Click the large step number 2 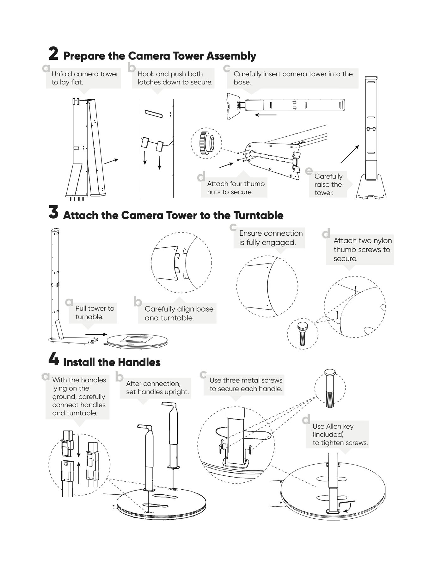(53, 54)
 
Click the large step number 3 (53, 213)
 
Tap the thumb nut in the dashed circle (206, 143)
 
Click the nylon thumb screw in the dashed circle (302, 334)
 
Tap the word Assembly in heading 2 (231, 56)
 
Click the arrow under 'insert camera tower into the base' (266, 115)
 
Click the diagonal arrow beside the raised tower (350, 154)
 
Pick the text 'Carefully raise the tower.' (328, 184)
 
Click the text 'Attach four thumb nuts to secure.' (236, 188)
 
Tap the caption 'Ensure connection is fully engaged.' (271, 238)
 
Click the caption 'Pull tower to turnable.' (95, 312)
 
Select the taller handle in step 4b (173, 433)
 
